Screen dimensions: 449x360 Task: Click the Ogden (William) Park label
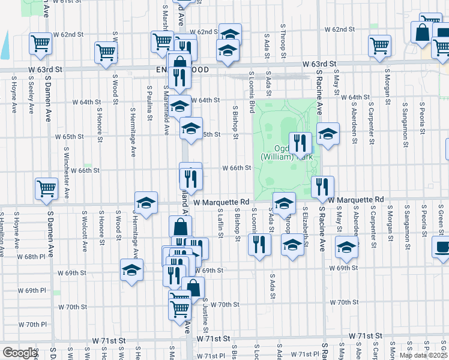287,152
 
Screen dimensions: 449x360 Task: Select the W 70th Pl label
29,325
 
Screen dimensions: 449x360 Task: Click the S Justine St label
205,316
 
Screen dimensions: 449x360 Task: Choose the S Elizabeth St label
306,229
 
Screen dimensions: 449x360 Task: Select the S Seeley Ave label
30,98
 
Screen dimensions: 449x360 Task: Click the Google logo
19,353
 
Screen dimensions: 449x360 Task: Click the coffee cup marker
441,247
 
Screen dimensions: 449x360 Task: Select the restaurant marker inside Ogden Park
300,143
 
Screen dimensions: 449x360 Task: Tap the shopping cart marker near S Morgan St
379,46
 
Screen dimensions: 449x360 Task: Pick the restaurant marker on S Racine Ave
323,187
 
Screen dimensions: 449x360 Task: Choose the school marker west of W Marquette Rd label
146,203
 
